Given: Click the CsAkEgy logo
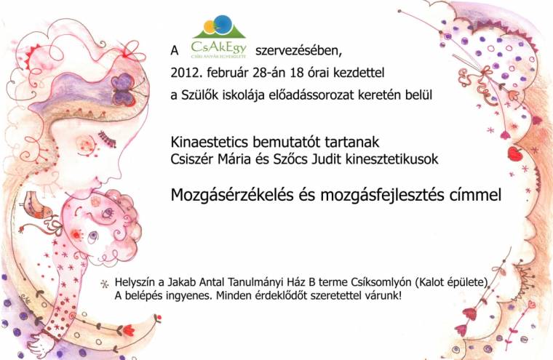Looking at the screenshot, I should [x=218, y=37].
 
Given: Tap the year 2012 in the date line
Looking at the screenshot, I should [x=185, y=73].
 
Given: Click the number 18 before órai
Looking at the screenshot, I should [x=300, y=73].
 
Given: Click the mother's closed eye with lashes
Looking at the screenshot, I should [x=107, y=135].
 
